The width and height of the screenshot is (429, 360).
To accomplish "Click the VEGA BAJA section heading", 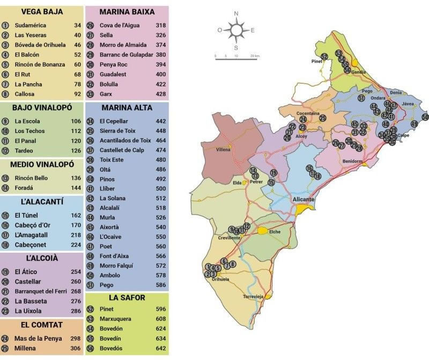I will coord(41,12).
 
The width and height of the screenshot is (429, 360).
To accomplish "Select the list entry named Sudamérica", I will coord(31,25).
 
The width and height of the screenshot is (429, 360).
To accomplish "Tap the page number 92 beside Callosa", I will coord(77,94).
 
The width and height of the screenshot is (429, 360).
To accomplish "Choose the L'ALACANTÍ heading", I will coord(41,202).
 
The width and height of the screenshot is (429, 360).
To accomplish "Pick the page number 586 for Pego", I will coord(160,285).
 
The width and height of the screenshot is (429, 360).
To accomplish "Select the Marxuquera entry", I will coord(119,319).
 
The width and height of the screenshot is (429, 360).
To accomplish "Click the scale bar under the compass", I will coord(236,58).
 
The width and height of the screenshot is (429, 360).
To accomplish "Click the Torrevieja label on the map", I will coord(254,297).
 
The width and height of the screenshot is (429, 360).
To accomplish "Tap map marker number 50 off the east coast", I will coord(425,117).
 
